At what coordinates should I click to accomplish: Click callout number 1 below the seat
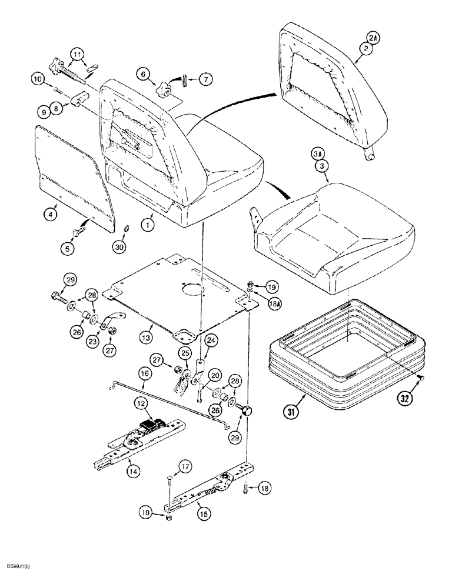[148, 223]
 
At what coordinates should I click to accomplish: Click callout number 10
[37, 78]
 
